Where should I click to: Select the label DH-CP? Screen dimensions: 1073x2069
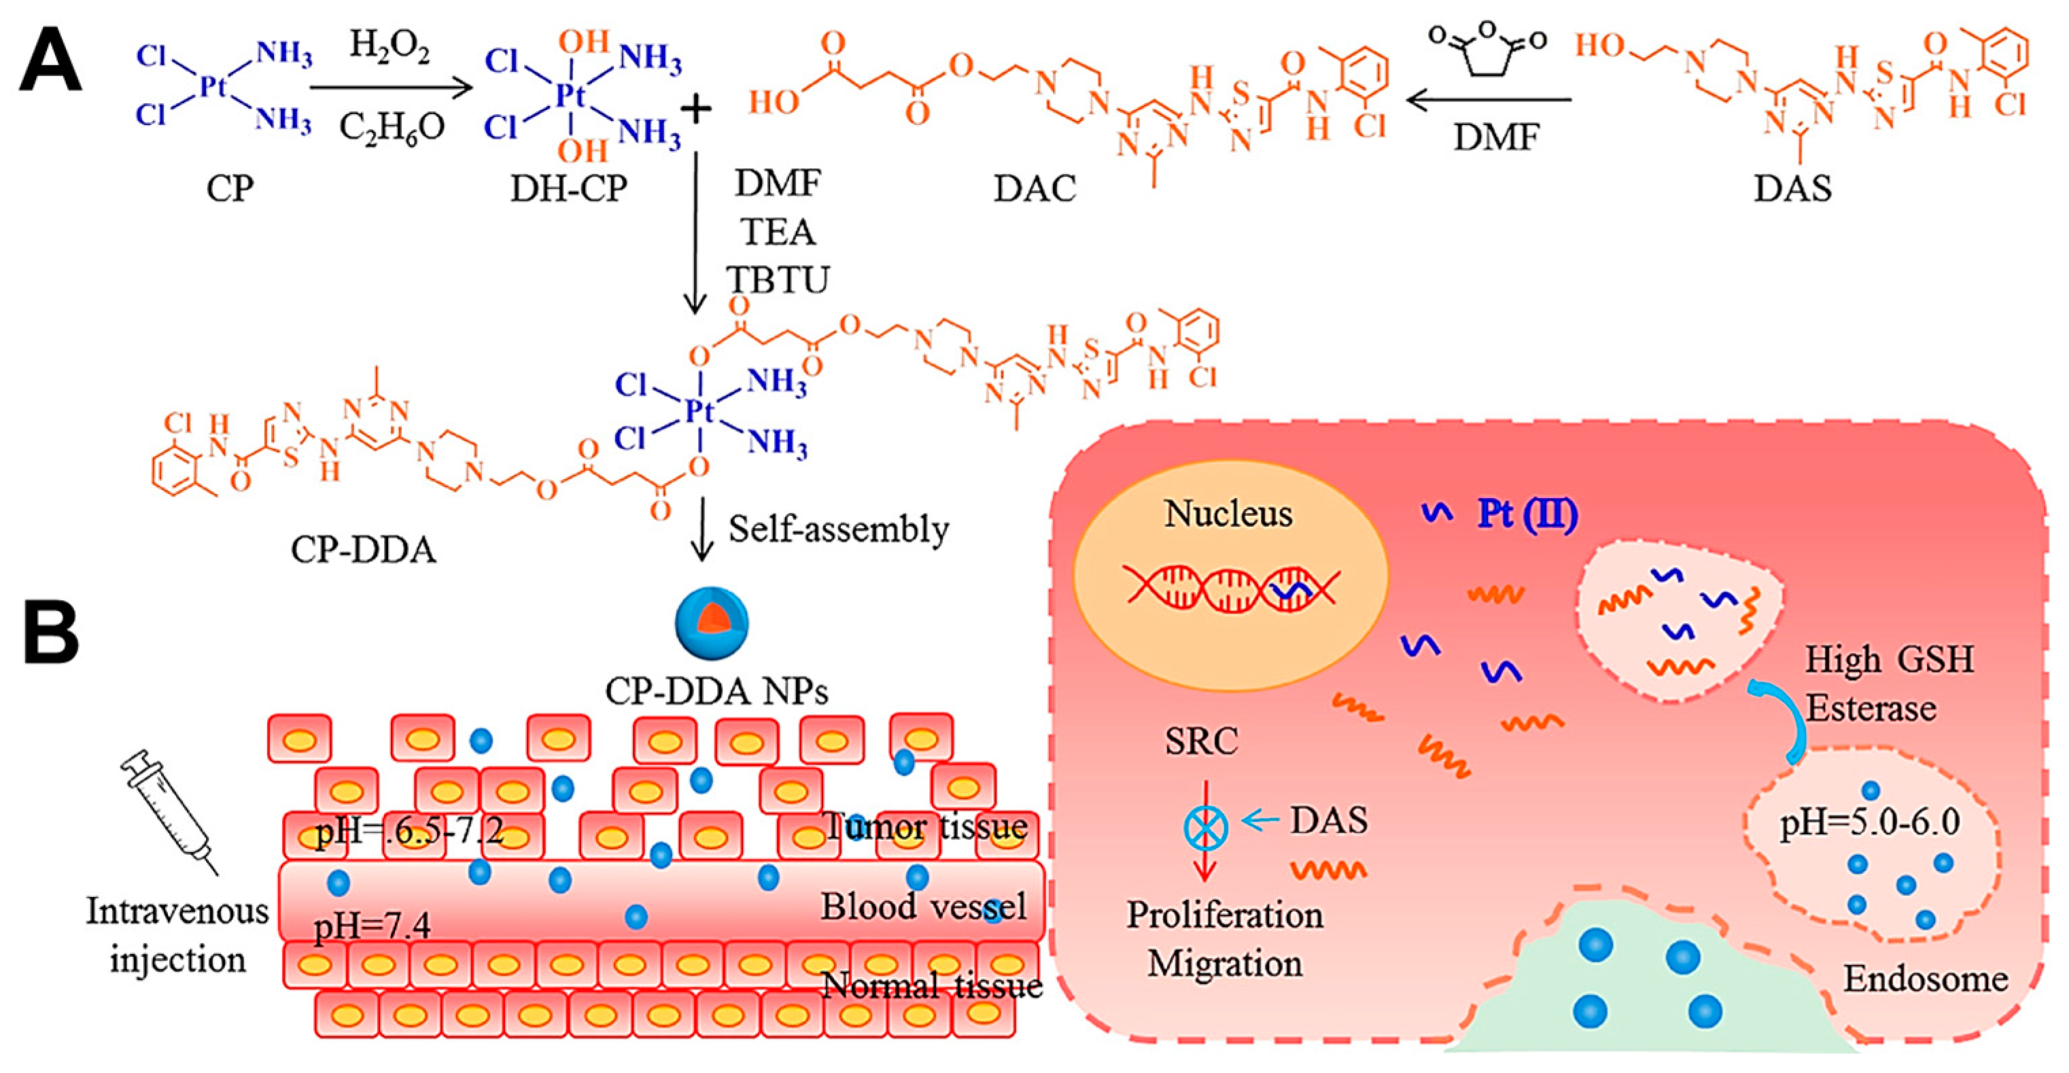(x=569, y=188)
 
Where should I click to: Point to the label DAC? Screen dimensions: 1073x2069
(x=1034, y=188)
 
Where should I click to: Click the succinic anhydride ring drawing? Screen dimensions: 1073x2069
(x=1486, y=50)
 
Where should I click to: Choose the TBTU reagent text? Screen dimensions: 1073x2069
(x=778, y=279)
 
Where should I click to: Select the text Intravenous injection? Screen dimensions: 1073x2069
(x=177, y=936)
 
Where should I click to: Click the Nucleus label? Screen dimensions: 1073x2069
(x=1228, y=514)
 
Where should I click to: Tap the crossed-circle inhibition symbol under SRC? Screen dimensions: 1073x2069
(x=1206, y=827)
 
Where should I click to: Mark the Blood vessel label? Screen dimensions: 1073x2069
(x=923, y=907)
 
